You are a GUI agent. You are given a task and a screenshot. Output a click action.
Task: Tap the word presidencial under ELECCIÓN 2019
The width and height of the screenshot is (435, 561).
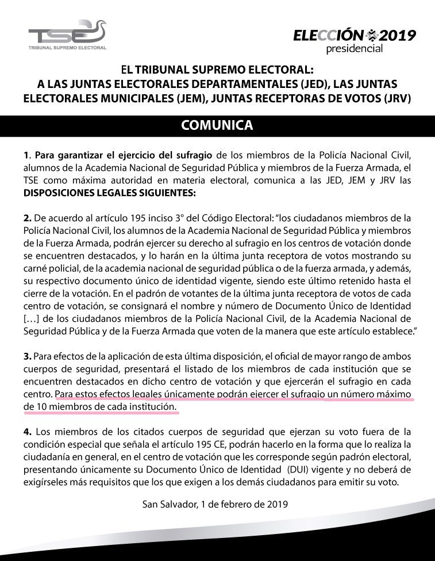[354, 49]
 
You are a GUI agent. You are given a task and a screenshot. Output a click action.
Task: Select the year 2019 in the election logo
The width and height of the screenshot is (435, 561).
[396, 36]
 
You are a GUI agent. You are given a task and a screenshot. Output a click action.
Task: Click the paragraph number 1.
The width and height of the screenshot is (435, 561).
[26, 155]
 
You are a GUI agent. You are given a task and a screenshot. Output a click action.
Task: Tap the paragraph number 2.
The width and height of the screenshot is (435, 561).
[27, 218]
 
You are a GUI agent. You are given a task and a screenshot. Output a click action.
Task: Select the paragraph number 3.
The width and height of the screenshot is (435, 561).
[27, 358]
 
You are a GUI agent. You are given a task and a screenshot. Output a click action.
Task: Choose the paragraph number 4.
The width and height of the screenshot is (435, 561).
[27, 432]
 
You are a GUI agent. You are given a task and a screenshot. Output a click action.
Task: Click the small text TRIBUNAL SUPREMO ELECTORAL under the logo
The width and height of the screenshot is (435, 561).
[67, 48]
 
